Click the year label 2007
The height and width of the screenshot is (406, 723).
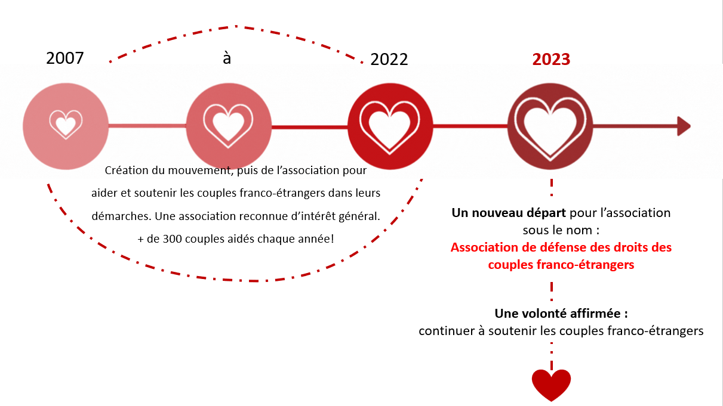(x=65, y=58)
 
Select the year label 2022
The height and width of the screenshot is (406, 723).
(x=389, y=59)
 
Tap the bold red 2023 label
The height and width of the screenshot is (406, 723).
(x=551, y=59)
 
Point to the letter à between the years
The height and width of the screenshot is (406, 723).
(x=227, y=58)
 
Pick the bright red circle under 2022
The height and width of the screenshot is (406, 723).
(x=390, y=126)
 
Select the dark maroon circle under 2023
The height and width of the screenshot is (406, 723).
(x=550, y=126)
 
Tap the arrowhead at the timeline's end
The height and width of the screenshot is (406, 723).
(x=684, y=126)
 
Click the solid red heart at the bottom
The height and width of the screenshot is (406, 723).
(x=551, y=384)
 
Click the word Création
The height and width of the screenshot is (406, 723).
(x=125, y=171)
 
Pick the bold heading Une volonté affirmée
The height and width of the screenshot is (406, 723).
(x=561, y=314)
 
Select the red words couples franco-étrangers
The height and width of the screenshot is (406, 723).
(x=561, y=265)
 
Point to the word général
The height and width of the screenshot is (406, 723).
(x=359, y=216)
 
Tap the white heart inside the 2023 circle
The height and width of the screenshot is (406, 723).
(x=550, y=126)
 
